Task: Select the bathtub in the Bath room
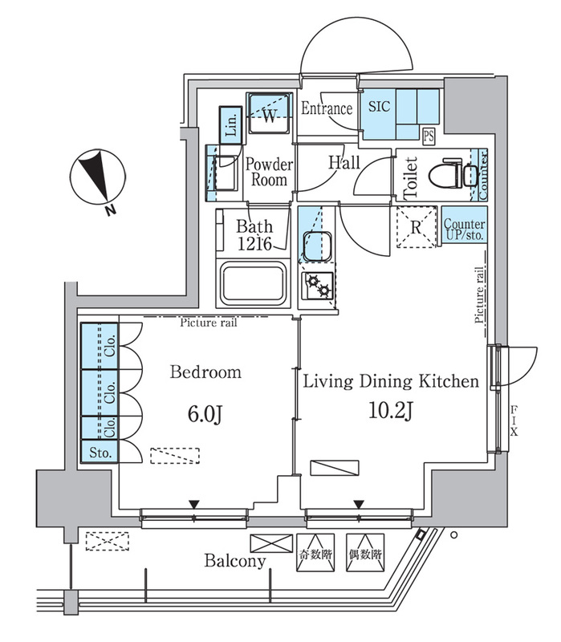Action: (253, 284)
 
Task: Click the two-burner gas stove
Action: (319, 286)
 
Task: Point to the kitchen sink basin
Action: (317, 246)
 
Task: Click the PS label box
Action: (429, 136)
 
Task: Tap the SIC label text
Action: (379, 107)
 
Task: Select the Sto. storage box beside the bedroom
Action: (100, 452)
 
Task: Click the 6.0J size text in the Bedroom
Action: (205, 414)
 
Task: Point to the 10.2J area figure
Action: (391, 410)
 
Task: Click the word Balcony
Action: (235, 560)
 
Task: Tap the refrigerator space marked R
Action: (417, 227)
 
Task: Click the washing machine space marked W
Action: (270, 113)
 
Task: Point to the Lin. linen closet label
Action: (231, 125)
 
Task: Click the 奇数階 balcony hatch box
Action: (315, 552)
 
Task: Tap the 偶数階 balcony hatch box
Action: (365, 552)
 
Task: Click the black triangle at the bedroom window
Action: (194, 504)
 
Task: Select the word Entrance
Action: (327, 108)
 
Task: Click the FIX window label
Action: (514, 420)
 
